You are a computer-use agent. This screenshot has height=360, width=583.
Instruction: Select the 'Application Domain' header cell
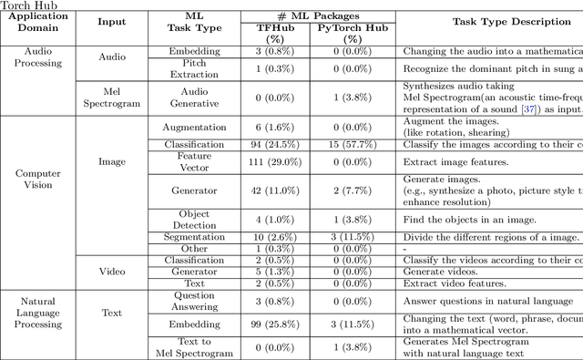coord(37,22)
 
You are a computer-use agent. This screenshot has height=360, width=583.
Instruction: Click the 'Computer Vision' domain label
coord(37,180)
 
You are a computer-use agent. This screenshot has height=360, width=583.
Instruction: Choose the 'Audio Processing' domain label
coord(37,57)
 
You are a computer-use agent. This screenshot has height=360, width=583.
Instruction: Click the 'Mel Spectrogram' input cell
coord(111,98)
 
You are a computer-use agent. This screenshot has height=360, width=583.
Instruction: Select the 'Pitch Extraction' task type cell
coord(194,68)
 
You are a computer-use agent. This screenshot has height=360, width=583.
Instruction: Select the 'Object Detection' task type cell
coord(194,220)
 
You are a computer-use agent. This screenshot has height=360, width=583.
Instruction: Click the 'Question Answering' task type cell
coord(194,302)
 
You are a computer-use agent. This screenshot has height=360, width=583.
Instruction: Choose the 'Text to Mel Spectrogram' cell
coord(194,347)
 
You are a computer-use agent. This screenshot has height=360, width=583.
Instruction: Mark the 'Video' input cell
coord(111,272)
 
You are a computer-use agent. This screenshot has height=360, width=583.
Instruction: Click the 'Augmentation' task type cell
coord(194,128)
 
